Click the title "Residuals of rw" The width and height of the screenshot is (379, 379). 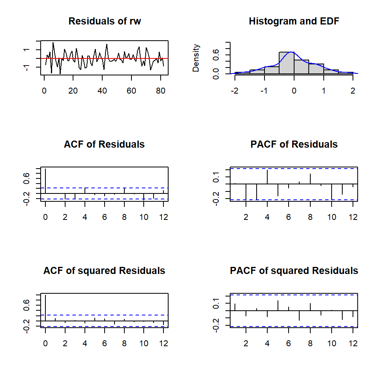[105, 21]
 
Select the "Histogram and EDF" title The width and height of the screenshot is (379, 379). [294, 21]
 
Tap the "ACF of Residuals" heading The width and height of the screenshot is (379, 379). [104, 144]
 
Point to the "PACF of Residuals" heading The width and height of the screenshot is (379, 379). [294, 144]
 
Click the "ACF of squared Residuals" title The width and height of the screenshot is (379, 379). [104, 271]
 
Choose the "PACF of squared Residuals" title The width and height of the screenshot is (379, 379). [294, 271]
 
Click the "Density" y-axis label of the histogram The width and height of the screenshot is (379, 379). [196, 58]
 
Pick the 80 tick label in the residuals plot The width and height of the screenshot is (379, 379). [160, 90]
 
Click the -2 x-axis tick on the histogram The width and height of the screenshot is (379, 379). [235, 90]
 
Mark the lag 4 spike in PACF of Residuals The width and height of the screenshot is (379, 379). [267, 177]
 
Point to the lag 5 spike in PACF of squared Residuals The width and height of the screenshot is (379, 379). [278, 306]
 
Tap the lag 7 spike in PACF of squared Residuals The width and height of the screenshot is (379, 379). [299, 315]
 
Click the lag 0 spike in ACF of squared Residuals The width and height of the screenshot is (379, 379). [45, 308]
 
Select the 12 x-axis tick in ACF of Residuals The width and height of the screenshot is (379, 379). [163, 217]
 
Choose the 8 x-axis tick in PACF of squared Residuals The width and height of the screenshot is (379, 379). [310, 344]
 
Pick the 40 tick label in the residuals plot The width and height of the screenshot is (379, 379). [102, 90]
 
